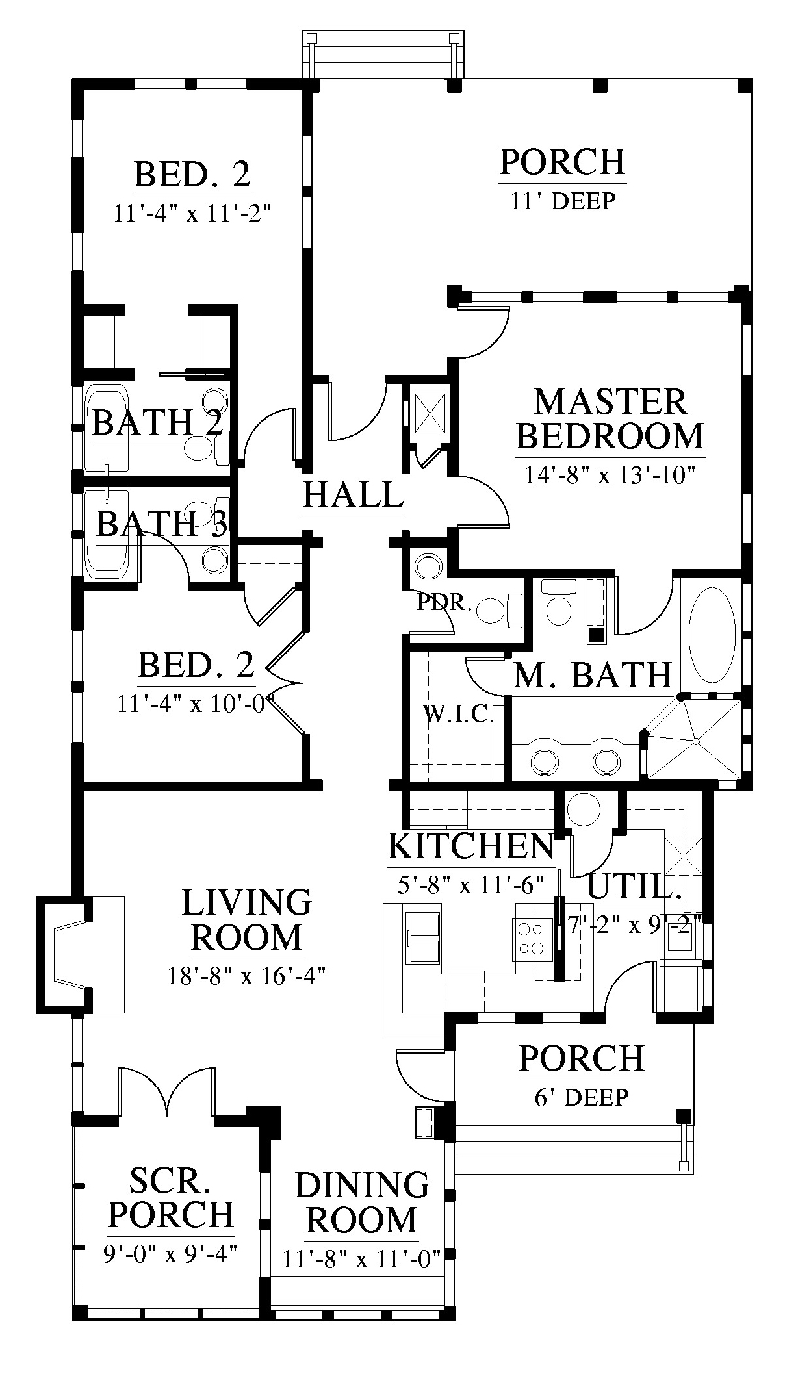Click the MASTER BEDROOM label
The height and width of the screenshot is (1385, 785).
610,419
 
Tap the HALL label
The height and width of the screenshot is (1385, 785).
354,494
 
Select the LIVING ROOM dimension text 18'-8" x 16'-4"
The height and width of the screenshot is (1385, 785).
246,976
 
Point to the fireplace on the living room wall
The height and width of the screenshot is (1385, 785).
64,954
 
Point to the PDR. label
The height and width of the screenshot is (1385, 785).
444,603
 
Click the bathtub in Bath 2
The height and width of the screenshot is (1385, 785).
107,427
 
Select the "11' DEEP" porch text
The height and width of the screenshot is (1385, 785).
563,201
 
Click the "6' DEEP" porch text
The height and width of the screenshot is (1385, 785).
582,1097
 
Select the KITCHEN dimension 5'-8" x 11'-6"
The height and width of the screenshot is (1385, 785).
471,885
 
